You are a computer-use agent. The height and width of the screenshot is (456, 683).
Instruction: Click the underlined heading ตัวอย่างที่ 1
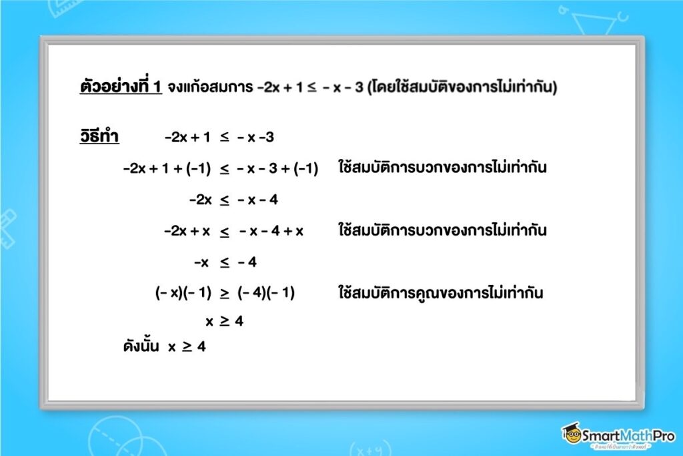click(120, 87)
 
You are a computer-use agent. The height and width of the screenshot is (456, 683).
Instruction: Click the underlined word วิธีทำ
click(99, 138)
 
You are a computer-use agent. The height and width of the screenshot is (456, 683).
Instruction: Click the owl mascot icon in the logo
click(572, 434)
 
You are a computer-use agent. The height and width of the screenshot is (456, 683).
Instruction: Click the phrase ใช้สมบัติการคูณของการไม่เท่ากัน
click(440, 293)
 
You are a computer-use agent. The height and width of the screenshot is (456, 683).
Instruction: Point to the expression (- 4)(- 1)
click(265, 293)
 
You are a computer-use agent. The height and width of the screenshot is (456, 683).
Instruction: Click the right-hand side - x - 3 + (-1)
click(277, 169)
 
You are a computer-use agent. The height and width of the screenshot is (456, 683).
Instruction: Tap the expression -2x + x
click(187, 231)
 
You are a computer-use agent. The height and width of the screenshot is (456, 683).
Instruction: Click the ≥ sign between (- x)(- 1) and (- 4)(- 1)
click(225, 293)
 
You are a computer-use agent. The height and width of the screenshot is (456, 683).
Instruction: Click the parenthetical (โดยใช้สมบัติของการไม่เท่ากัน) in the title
click(461, 87)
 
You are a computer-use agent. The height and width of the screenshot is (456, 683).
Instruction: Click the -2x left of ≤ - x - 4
click(200, 200)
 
